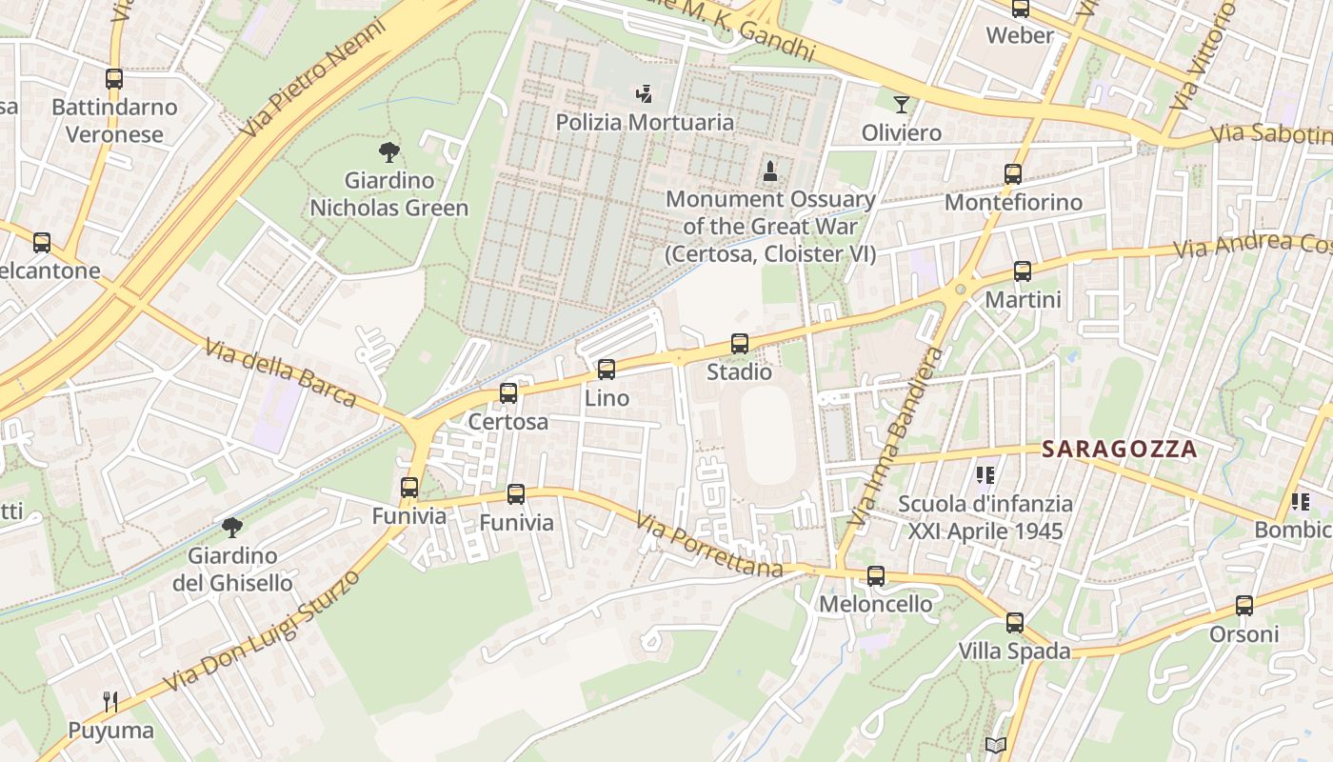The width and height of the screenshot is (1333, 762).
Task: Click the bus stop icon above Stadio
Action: point(739,344)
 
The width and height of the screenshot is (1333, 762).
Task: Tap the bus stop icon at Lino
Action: point(607,370)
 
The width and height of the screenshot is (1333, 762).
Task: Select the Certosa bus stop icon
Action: point(508,392)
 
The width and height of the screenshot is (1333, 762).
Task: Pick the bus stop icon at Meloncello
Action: point(876,576)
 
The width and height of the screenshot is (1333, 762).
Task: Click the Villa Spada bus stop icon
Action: point(1015,623)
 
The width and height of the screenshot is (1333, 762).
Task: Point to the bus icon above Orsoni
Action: point(1244,606)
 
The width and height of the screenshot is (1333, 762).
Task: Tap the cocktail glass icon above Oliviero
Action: point(902,104)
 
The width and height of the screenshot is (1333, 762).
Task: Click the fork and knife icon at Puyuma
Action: point(110,703)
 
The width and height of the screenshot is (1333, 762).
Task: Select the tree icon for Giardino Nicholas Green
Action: point(389,152)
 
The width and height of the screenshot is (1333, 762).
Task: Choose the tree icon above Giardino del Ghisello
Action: point(231,528)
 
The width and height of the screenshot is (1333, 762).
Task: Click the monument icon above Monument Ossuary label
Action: point(770,171)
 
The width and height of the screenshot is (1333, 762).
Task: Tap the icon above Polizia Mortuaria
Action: point(645,94)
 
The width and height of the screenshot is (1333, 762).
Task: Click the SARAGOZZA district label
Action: point(1119,449)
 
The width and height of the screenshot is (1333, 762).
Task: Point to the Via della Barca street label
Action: point(280,371)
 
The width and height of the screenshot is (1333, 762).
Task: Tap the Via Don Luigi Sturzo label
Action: point(263,631)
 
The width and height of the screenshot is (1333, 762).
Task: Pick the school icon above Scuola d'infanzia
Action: point(985,474)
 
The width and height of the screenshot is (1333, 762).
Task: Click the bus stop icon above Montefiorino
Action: point(1013,174)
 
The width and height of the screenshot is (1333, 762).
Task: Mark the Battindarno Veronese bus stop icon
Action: point(114,79)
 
